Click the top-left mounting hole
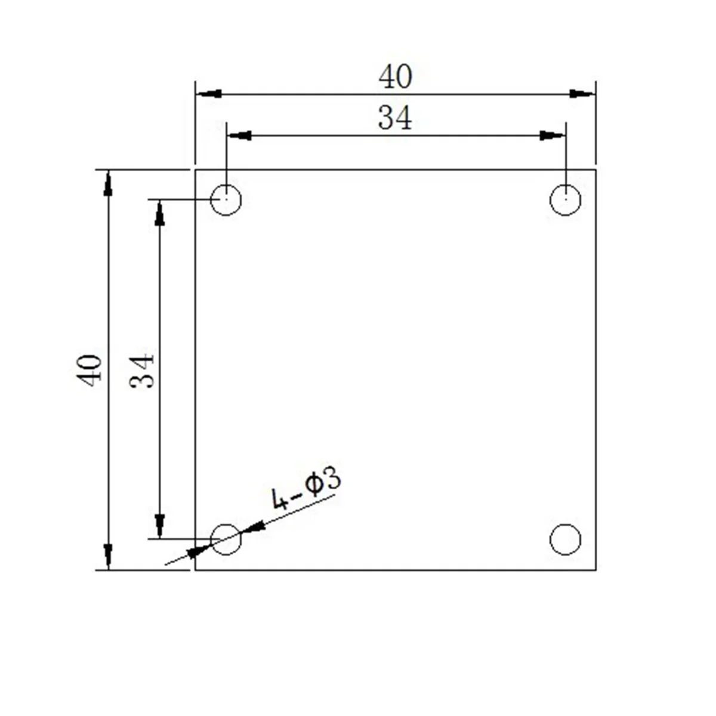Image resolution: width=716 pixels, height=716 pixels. pos(226,199)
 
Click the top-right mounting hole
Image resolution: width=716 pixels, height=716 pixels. pos(565,199)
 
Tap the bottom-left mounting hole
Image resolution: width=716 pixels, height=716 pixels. pos(226,539)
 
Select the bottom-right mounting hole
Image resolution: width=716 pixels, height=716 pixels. pos(565,539)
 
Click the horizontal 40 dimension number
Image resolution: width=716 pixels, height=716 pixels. pos(395,78)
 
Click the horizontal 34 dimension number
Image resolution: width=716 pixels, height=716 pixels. pos(395,119)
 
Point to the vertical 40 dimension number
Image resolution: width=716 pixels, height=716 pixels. pos(91,369)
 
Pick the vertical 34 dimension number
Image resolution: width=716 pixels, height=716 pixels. pos(143,371)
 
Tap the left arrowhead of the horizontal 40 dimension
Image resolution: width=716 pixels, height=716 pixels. pos(209,94)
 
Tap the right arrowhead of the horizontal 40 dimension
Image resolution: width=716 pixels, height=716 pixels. pos(582,94)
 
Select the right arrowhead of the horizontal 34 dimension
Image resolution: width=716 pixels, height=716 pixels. pos(551,136)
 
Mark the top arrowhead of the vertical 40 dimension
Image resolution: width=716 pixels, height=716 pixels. pos(108,183)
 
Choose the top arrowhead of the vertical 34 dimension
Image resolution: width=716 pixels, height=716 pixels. pos(159,213)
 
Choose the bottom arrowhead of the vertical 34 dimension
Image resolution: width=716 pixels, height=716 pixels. pos(159,526)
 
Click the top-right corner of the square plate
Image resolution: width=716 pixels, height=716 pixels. pos(596,170)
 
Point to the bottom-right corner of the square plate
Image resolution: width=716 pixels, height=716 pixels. pos(596,570)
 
